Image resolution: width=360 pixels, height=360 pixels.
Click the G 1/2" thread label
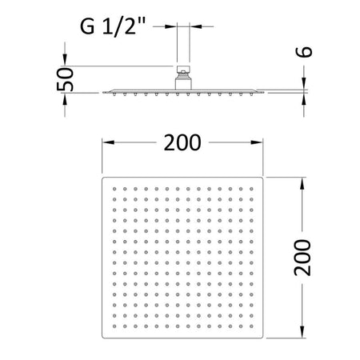tap(113, 26)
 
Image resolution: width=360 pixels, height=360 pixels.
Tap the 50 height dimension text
tap(65, 79)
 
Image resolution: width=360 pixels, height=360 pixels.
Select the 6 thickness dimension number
tap(304, 52)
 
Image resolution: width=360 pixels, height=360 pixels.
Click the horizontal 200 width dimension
tap(182, 142)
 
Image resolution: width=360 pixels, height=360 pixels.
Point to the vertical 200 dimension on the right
tap(302, 258)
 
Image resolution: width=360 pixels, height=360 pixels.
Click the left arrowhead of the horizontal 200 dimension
tap(108, 142)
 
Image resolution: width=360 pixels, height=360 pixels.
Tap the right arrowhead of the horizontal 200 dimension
tap(257, 142)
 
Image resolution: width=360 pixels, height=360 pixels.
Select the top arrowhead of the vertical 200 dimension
tap(302, 184)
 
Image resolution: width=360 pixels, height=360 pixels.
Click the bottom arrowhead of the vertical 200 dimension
tap(302, 332)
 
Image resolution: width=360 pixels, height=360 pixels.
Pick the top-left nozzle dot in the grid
tap(114, 189)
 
